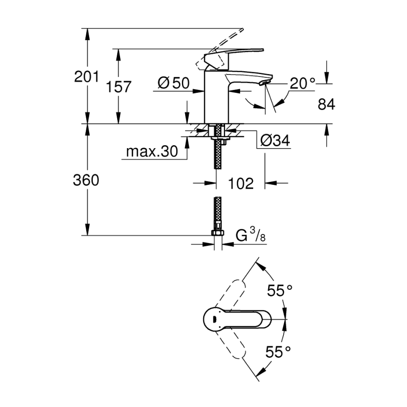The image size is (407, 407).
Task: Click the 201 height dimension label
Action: [x=87, y=76]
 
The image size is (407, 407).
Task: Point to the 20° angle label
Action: [x=302, y=83]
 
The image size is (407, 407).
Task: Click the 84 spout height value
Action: [x=326, y=105]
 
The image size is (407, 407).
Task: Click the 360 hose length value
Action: [x=87, y=180]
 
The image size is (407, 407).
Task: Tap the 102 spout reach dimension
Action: [x=241, y=183]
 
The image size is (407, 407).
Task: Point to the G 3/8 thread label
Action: [x=251, y=235]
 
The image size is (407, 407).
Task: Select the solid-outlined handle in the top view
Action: [x=234, y=320]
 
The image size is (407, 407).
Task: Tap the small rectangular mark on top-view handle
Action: [x=214, y=319]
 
